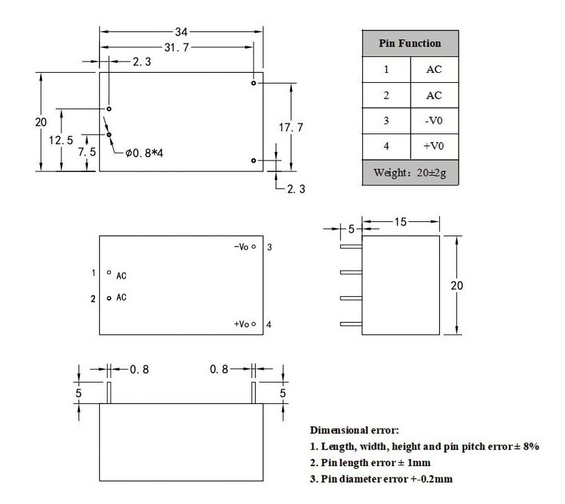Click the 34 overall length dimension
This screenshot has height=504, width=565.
pos(181,31)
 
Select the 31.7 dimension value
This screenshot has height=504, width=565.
pos(176,47)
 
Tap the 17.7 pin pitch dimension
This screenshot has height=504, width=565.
pos(291,127)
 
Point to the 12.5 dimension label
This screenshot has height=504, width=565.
pos(61,140)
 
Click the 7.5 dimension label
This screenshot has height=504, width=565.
pos(87,152)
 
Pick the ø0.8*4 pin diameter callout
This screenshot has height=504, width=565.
pos(144,153)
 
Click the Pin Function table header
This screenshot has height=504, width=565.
pos(410,44)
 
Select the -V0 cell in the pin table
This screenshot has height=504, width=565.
pos(434,121)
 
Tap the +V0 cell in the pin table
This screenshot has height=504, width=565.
pos(434,146)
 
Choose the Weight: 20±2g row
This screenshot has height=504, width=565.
pos(410,173)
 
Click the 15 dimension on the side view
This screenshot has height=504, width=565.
pos(400,222)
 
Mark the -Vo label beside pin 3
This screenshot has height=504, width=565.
pos(241,246)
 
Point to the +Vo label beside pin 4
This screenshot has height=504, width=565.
pos(241,324)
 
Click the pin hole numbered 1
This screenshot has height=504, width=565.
pos(109,273)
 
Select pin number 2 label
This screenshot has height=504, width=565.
pos(93,299)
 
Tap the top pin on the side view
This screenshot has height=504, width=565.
pos(351,246)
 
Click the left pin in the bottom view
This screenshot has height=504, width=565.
pos(109,393)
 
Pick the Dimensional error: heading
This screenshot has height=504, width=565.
pos(354,430)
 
